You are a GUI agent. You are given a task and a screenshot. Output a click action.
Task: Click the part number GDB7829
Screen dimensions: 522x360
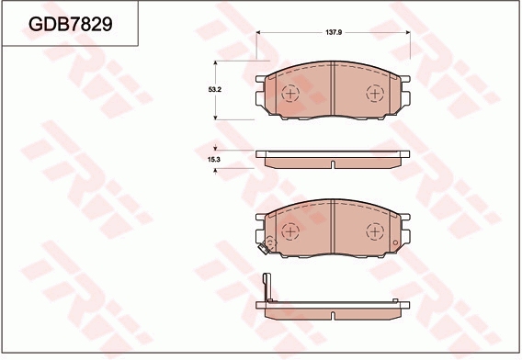(71, 24)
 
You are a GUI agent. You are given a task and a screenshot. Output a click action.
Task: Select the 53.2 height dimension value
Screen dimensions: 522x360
(215, 89)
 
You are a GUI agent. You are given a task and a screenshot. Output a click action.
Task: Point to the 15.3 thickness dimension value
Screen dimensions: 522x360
(214, 160)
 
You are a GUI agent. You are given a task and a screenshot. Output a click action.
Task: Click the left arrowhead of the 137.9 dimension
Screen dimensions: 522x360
(258, 33)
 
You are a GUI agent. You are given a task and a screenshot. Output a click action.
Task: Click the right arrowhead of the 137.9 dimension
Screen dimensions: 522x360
(408, 33)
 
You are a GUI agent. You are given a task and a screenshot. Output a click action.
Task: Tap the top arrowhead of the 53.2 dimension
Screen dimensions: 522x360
(215, 63)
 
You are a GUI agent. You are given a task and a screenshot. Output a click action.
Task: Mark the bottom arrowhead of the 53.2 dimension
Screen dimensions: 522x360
(215, 118)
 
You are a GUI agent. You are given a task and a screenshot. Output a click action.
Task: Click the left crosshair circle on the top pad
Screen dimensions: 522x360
(290, 94)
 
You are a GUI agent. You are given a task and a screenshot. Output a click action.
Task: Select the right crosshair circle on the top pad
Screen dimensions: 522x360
(375, 94)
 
